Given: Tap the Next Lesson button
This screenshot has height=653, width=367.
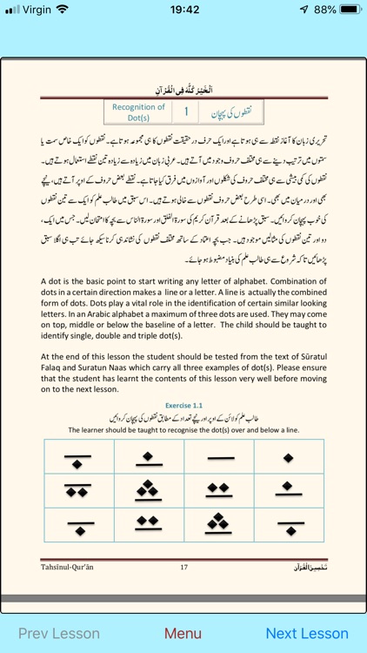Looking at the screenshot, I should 306,633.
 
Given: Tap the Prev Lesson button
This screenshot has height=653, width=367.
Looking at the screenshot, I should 58,633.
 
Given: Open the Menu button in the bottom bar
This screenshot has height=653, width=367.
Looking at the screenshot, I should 183,633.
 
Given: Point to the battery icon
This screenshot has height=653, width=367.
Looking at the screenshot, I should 349,10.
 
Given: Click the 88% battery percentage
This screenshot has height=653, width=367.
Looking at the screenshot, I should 324,10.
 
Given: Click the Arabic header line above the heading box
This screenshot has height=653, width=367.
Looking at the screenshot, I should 183,90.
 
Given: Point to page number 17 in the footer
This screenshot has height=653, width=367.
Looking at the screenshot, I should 183,567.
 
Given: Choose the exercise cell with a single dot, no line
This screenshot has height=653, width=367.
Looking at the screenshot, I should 288,456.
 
